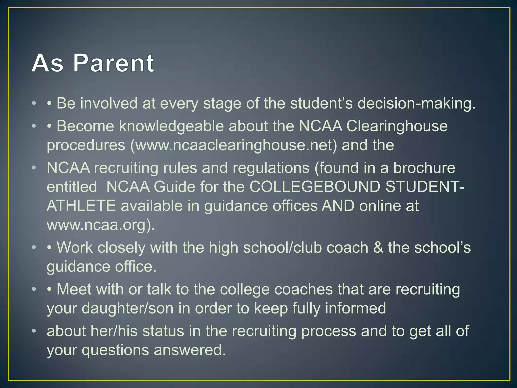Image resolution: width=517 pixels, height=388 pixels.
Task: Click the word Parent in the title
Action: (x=114, y=63)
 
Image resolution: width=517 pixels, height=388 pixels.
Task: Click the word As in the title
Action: (x=47, y=63)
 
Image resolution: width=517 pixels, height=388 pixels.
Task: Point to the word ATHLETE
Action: (x=81, y=206)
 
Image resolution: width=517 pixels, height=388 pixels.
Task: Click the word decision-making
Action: (x=416, y=104)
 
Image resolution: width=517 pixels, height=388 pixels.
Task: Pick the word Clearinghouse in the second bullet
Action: (x=397, y=126)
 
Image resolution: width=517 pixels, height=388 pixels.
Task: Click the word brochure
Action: (x=424, y=168)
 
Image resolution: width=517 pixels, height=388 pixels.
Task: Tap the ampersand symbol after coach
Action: (x=378, y=248)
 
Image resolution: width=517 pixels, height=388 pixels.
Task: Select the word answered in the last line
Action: (x=190, y=350)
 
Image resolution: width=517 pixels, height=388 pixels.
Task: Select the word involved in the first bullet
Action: (x=109, y=104)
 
